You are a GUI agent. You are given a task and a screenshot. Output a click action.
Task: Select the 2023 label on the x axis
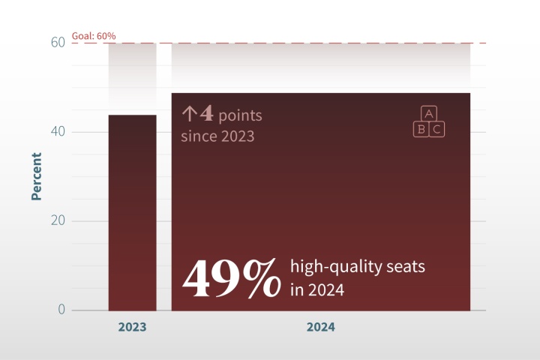(x=132, y=328)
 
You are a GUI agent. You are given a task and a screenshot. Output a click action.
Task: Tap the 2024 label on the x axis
(x=320, y=328)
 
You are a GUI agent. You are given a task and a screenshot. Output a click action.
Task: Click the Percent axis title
(x=36, y=176)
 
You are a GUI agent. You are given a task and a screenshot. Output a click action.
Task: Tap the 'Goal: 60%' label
(x=94, y=35)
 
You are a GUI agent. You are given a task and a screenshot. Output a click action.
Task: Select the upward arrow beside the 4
(x=189, y=115)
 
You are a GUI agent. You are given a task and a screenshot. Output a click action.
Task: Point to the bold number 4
(x=206, y=115)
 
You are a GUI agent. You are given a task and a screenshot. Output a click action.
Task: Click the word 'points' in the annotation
(x=240, y=116)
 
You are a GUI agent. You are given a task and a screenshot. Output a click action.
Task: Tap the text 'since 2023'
(x=217, y=136)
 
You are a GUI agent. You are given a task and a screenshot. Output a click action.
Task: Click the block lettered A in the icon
(x=429, y=114)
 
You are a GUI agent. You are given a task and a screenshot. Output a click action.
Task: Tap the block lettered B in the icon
(x=421, y=129)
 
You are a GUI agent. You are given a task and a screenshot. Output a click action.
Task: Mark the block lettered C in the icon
(x=437, y=129)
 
